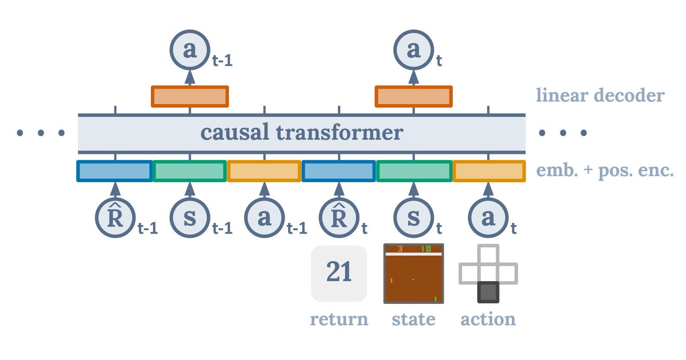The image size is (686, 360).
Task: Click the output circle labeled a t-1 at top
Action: click(190, 50)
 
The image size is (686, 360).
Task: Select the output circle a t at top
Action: click(414, 50)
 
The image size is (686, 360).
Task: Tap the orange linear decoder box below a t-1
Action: click(190, 96)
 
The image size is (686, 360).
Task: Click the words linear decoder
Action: click(600, 95)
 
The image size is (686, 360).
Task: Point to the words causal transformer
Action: click(301, 132)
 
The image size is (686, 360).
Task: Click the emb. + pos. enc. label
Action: click(605, 171)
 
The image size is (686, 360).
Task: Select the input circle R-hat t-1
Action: click(115, 218)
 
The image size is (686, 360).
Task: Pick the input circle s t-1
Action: click(190, 218)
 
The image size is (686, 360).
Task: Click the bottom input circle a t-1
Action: click(265, 218)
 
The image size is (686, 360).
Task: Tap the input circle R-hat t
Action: click(339, 218)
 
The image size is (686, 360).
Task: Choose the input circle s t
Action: click(414, 218)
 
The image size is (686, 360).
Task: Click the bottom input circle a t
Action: click(488, 218)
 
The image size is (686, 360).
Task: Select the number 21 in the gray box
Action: click(339, 272)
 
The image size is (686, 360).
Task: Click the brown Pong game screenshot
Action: click(414, 274)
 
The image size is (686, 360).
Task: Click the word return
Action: click(339, 319)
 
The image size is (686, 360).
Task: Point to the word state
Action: click(414, 319)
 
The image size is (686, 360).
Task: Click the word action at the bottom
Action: click(488, 319)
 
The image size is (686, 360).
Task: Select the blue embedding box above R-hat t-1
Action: click(114, 171)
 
